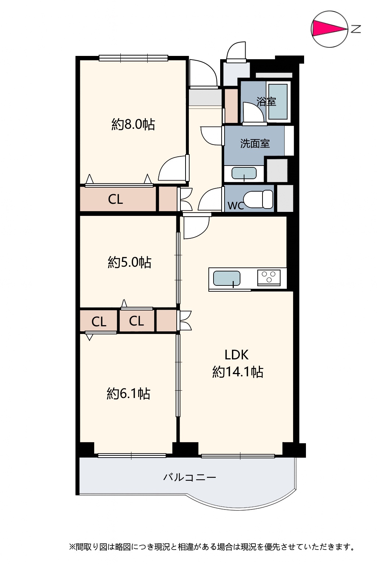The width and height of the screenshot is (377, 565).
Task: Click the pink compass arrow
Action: coord(328,28)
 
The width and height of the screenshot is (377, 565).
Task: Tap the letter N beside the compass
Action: coord(356,29)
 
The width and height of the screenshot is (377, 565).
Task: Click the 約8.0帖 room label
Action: coord(133,124)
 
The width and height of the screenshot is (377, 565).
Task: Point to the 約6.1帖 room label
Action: coord(128,394)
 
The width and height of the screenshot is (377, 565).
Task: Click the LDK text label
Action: coord(237,355)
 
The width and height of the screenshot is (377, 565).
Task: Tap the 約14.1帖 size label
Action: coord(238,372)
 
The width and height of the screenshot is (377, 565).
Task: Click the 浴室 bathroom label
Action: coord(266,102)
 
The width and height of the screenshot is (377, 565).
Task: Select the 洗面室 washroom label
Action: coord(255,143)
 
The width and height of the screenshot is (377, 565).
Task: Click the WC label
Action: coord(236,206)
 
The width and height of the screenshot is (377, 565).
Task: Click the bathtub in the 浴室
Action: coord(278,102)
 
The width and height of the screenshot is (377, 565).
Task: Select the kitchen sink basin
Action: coord(226,278)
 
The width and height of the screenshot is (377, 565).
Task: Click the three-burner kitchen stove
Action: coord(269,277)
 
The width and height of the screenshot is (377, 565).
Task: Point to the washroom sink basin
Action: coord(244,173)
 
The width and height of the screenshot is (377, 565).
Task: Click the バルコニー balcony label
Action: coord(189,477)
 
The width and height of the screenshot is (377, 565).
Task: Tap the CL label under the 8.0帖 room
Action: coord(115,199)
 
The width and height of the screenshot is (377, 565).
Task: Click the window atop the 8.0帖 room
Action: coord(133,58)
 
